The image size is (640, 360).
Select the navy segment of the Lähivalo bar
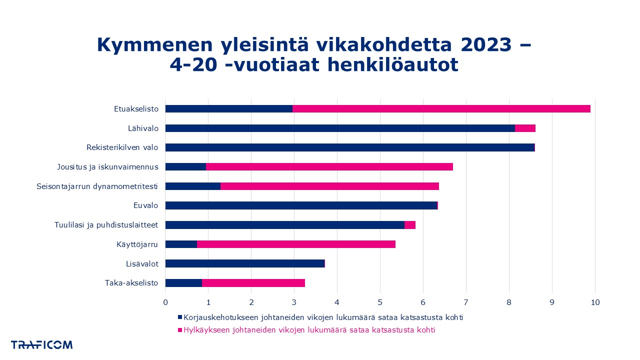click(340, 128)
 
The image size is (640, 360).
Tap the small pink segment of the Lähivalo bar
click(525, 128)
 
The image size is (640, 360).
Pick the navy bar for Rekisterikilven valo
click(350, 147)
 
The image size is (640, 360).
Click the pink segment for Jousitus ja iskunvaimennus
click(329, 166)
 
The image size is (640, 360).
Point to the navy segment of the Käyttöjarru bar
click(181, 244)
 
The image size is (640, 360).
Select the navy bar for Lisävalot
click(245, 263)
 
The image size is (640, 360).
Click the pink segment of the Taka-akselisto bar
click(253, 283)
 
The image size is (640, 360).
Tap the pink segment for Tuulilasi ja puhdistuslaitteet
click(410, 225)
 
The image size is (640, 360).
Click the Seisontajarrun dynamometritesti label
click(97, 186)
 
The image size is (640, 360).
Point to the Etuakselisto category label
click(136, 109)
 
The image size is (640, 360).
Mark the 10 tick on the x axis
click(595, 302)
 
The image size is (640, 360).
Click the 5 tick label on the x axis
click(380, 302)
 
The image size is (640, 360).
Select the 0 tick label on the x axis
click(165, 302)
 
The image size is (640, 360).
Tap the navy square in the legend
click(180, 317)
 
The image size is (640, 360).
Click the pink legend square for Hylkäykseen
click(180, 330)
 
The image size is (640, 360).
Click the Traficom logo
click(42, 345)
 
